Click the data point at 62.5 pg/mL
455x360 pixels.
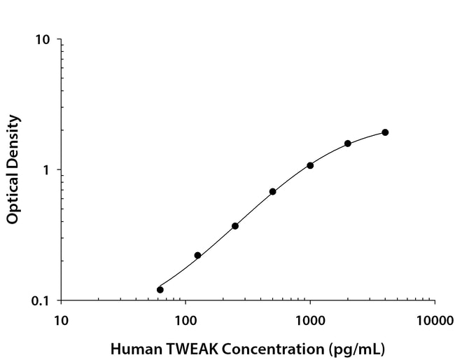[x=160, y=289]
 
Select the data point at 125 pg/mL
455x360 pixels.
[x=197, y=256]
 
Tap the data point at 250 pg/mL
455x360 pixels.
[x=235, y=226]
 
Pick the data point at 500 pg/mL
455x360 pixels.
[x=272, y=191]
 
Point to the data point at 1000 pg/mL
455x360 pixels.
[x=310, y=165]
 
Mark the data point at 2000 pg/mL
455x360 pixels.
[x=348, y=144]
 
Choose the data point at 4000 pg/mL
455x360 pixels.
[x=385, y=132]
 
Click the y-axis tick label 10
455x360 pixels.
[x=43, y=40]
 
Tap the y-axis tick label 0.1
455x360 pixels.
[x=41, y=301]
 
